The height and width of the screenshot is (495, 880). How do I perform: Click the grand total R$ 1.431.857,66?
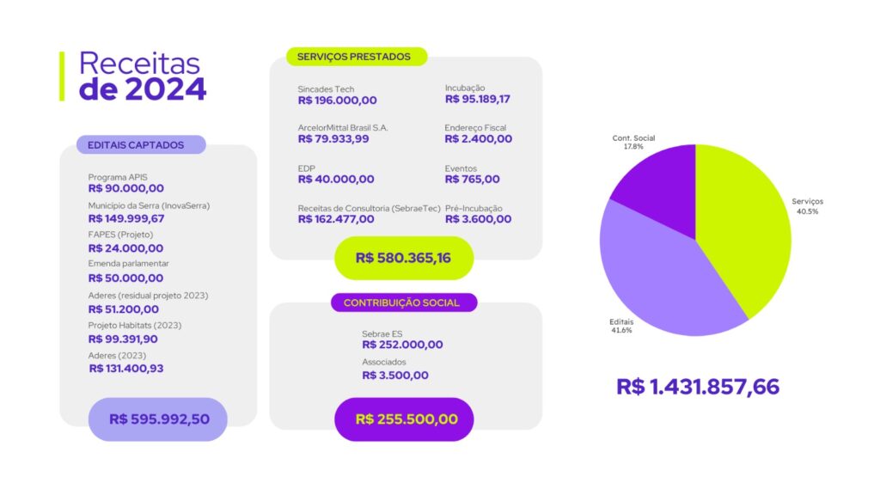coord(698,387)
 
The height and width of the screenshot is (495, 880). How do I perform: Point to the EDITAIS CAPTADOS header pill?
coord(141,144)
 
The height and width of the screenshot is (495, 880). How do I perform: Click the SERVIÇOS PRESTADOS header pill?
coord(354,57)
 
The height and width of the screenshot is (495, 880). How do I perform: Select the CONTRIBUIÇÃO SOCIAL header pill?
coord(401,302)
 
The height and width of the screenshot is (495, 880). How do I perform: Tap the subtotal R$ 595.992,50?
coord(157,419)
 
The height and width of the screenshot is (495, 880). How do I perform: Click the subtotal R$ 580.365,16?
coord(403,258)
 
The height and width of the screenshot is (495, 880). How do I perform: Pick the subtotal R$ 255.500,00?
coord(403,419)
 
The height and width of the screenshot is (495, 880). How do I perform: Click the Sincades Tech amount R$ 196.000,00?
coord(337,101)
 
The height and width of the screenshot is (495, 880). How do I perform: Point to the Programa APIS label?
coord(118,177)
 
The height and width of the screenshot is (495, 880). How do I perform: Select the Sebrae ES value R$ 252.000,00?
coord(402,345)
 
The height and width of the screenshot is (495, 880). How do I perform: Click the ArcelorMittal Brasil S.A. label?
coord(343,127)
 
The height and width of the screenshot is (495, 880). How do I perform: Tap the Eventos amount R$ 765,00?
coord(472,180)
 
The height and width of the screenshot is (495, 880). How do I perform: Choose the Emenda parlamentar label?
coord(128,263)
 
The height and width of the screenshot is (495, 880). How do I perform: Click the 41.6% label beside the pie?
coord(621,330)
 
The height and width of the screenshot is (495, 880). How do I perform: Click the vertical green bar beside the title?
coord(62,76)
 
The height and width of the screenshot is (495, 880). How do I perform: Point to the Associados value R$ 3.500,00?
coord(395,376)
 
